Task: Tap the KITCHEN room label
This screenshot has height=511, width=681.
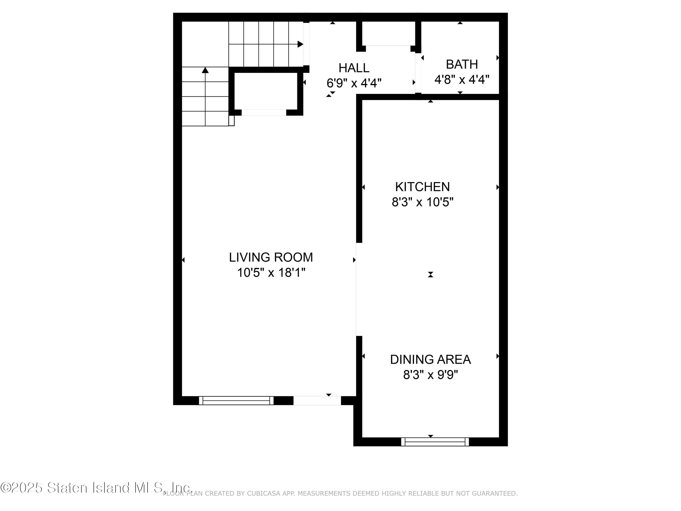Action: click(422, 187)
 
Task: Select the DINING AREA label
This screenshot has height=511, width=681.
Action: click(430, 360)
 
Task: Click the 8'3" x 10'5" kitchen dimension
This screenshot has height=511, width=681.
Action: click(422, 202)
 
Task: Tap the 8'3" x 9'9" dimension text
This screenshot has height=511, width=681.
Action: click(430, 375)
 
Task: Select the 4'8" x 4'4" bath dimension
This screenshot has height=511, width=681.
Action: click(462, 80)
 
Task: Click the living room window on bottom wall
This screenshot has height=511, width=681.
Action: click(236, 400)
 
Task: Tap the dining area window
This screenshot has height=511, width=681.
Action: click(435, 442)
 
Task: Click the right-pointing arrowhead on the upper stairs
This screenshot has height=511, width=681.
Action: click(300, 44)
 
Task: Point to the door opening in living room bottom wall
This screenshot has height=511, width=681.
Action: click(317, 400)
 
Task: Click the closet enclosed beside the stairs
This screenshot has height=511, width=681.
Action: click(266, 91)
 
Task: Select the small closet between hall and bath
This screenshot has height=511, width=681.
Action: click(388, 33)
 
